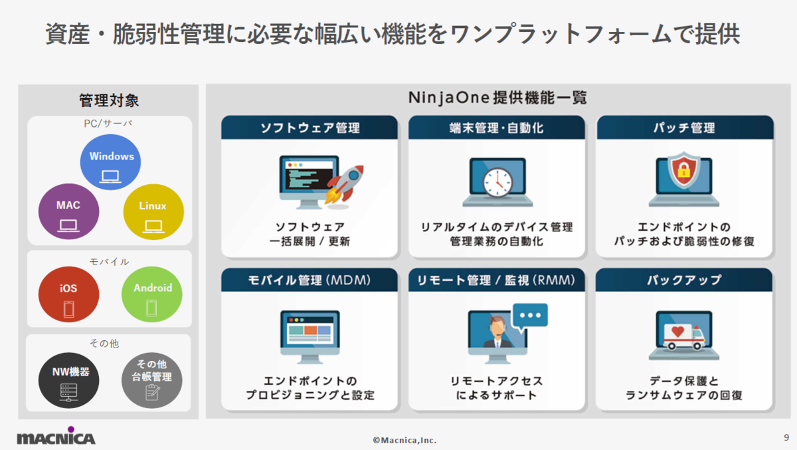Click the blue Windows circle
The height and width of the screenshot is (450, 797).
pos(110,162)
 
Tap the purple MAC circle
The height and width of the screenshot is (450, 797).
pos(68,211)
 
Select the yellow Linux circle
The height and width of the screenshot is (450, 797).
pos(153,212)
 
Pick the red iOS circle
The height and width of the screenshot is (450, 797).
pos(68,294)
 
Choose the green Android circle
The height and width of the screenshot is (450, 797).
pos(152,294)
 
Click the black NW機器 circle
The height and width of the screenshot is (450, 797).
pos(68,380)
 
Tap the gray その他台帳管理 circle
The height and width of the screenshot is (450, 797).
pos(152,380)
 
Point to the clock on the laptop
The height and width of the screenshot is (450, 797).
pos(497,182)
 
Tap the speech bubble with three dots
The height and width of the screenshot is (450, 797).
pos(530,316)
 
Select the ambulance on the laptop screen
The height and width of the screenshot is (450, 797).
pos(684,336)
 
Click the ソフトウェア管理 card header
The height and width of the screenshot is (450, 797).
pos(310,127)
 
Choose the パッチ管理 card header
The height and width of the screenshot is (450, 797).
pos(685,127)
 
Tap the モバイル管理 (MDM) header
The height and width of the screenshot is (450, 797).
pos(310,280)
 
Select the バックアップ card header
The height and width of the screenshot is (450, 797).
pos(684,280)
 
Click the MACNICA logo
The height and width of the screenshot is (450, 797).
pos(56,436)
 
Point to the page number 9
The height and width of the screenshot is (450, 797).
pos(786,437)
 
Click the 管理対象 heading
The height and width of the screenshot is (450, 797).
pos(109,100)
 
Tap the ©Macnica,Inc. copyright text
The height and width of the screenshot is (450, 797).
pos(404,441)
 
